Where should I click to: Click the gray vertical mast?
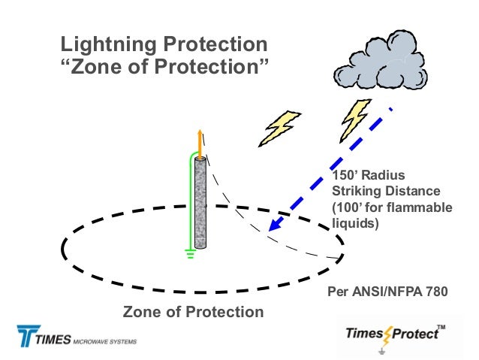(x=200, y=203)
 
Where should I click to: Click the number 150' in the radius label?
(x=344, y=175)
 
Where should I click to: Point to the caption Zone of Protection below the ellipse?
(x=193, y=311)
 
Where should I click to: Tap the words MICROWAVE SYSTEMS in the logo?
(x=104, y=341)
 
